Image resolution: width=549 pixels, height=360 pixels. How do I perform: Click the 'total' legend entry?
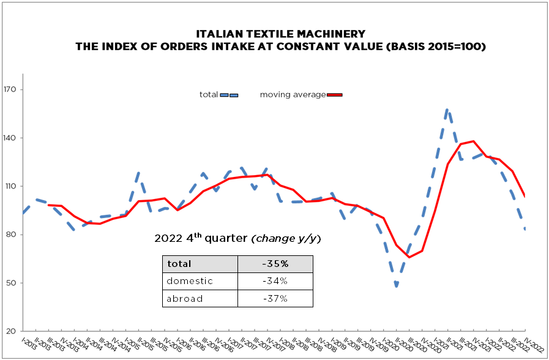[x=209, y=95]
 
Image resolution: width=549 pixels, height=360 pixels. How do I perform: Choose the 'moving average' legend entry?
[x=293, y=95]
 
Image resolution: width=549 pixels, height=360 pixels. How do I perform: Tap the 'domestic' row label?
[x=190, y=281]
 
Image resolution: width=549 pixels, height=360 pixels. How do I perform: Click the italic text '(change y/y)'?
[x=286, y=238]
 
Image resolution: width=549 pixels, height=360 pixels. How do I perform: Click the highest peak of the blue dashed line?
[x=448, y=110]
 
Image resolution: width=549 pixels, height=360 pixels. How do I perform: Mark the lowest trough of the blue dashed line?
[x=397, y=286]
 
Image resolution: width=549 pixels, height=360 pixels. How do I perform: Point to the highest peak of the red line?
[x=473, y=141]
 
